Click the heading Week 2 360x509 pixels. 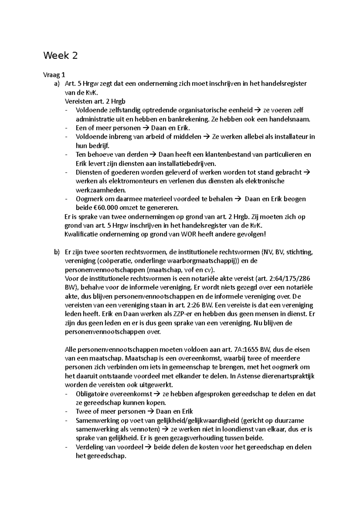click(x=60, y=56)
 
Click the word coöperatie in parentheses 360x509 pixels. click(x=113, y=261)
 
